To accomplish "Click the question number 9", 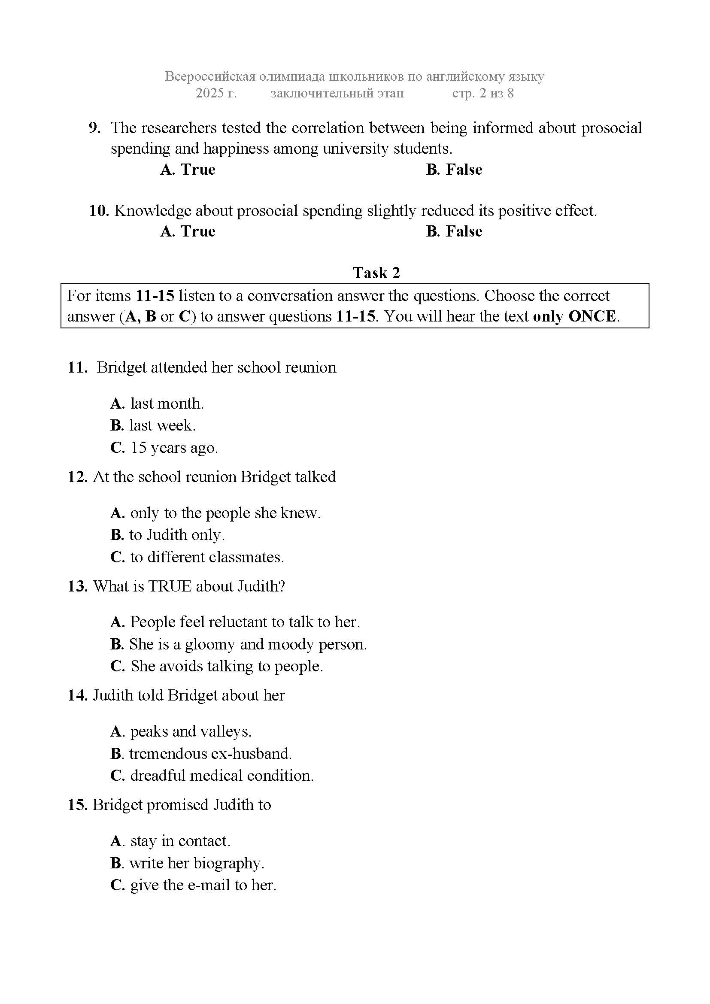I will coord(94,128).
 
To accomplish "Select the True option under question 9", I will coord(188,170).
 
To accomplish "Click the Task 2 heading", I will coord(376,273).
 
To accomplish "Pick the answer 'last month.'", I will coord(167,403).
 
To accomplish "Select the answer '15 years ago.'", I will coord(173,448).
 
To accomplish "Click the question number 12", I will coord(78,476).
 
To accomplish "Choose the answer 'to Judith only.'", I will coord(176,535).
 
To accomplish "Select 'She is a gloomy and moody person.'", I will coord(247,644).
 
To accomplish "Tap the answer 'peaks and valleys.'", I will coord(190,731).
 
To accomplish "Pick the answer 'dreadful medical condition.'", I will coord(221,775).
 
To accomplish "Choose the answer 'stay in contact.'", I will coord(180,841).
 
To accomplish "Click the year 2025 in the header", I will coord(209,93).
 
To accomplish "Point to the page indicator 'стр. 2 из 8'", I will coord(482,93).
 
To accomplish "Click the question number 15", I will coord(78,804).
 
